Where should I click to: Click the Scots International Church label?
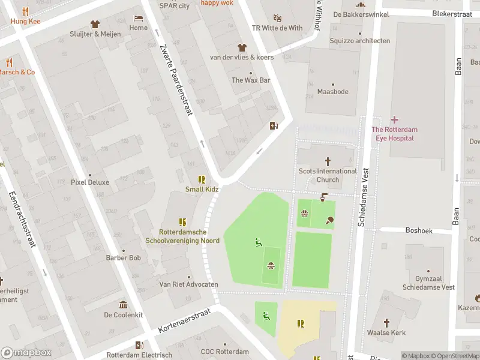coord(328,175)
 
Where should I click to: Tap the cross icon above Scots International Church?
coord(328,161)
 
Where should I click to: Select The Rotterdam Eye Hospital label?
coord(394,134)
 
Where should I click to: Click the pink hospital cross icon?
coord(394,120)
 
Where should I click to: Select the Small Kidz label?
coord(202,190)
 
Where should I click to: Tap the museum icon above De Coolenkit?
coord(124,304)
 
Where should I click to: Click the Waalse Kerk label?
coord(386,333)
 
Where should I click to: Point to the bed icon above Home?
coord(139,18)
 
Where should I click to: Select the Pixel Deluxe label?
coord(90,182)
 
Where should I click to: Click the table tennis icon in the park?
coord(329,220)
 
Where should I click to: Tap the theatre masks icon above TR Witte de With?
coord(277,18)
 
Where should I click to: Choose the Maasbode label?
coord(332,92)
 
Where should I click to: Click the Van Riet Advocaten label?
coord(188,284)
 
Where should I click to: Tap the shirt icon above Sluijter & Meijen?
coord(95,24)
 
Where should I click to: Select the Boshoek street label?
coord(419,230)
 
